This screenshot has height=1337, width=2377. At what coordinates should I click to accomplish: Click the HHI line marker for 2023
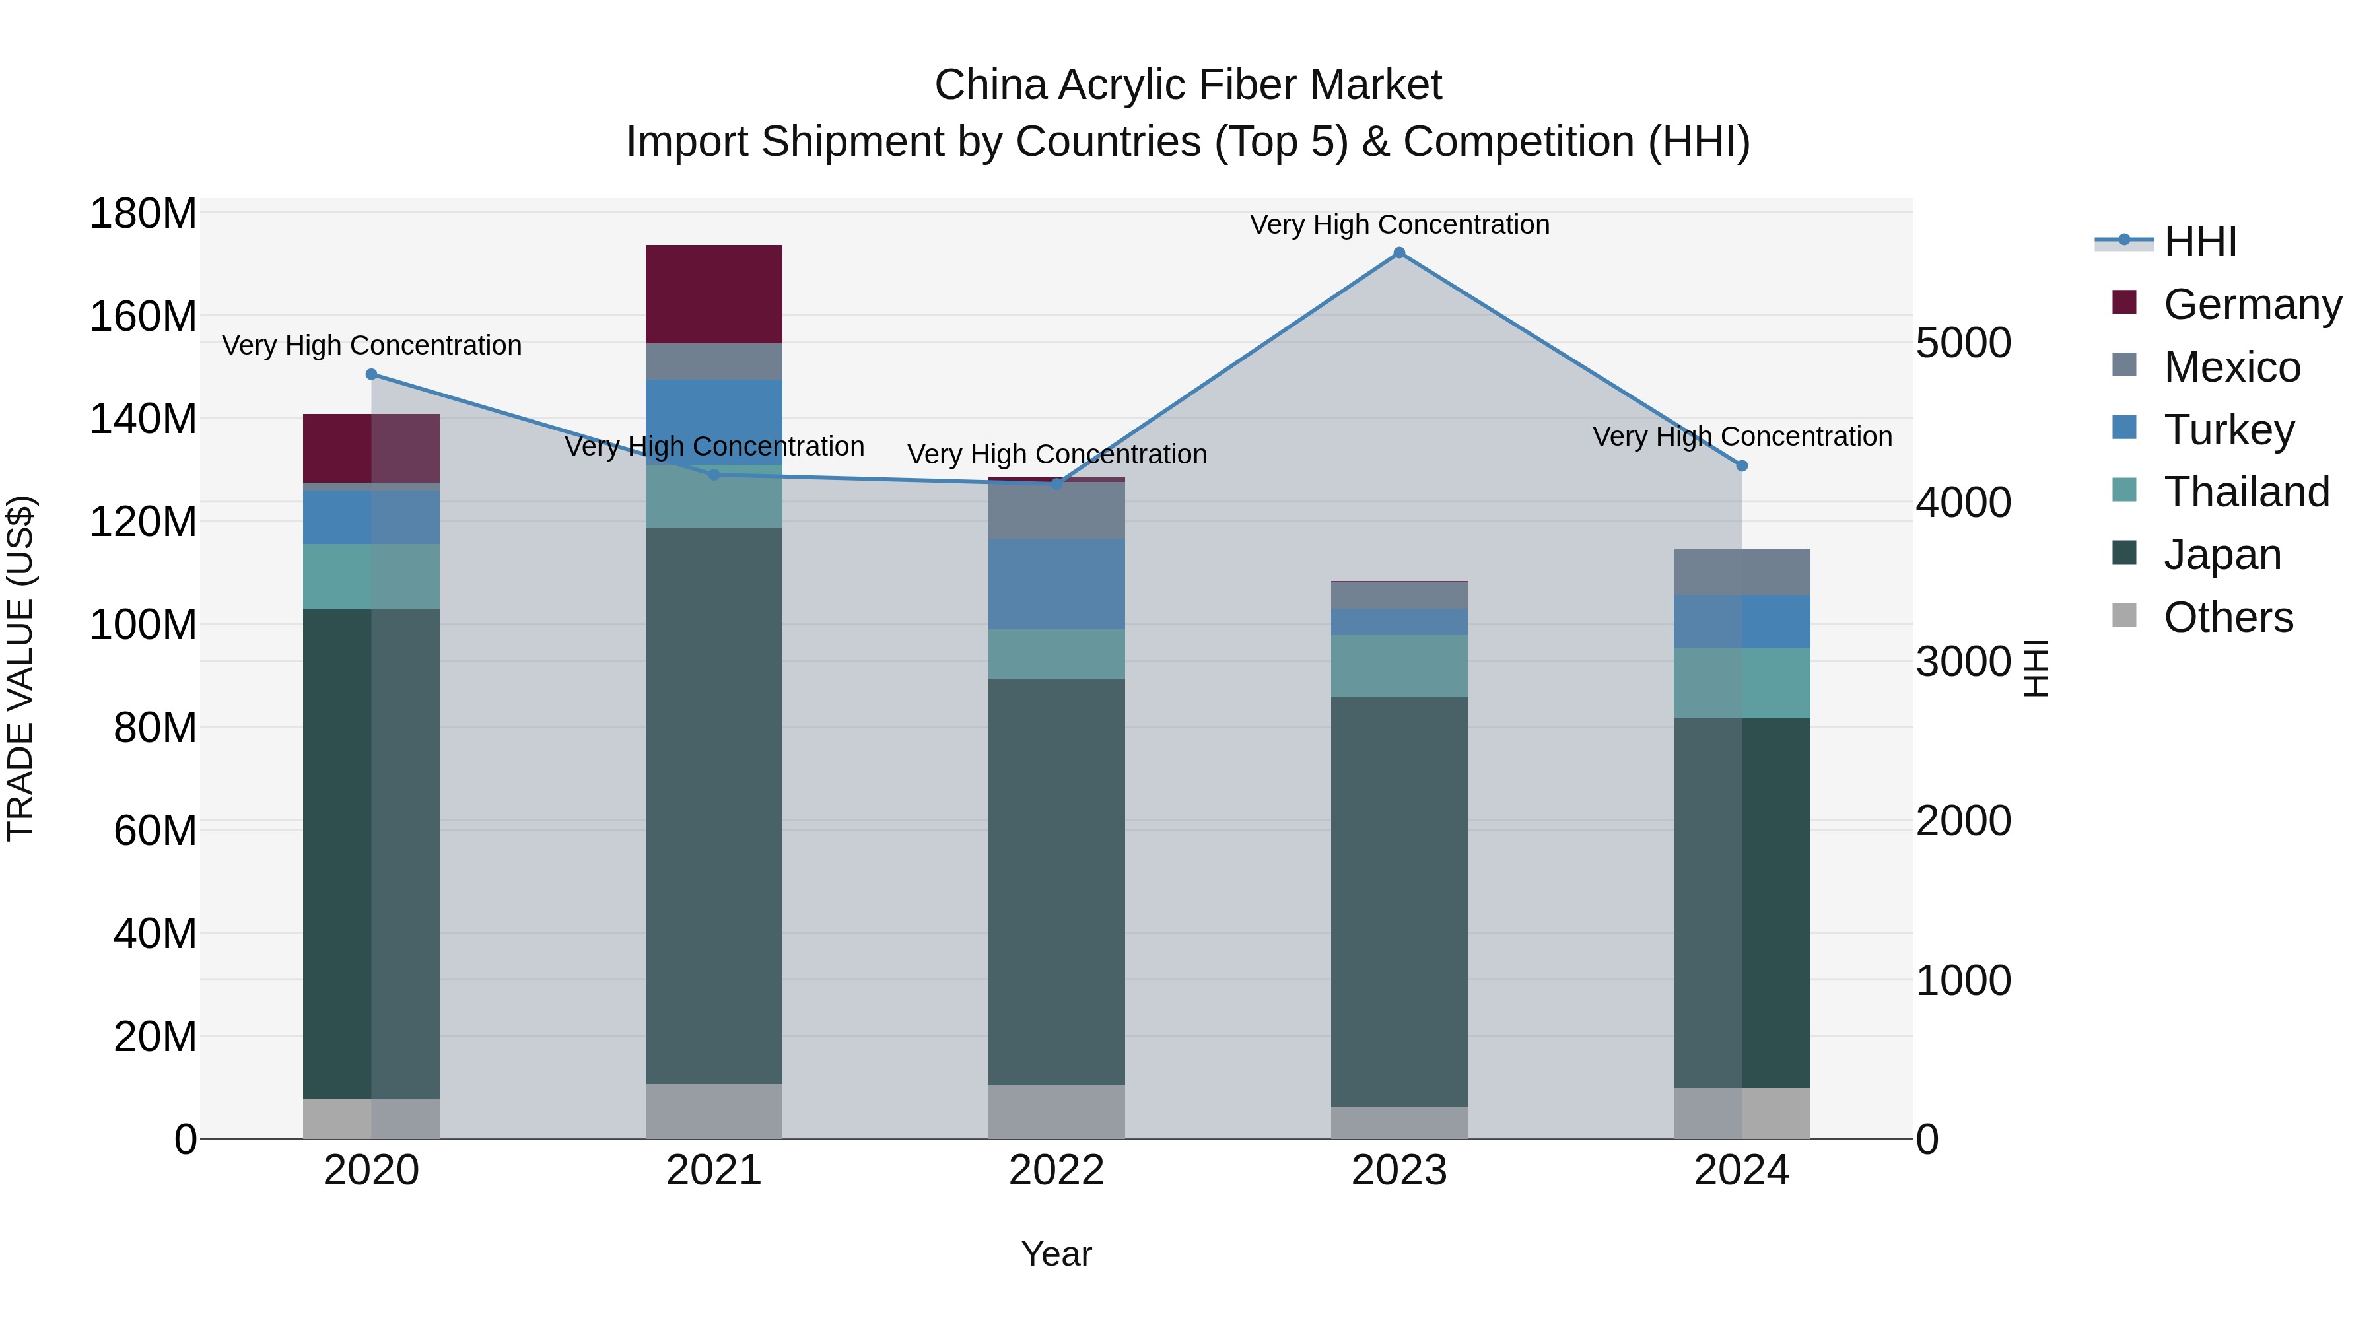click(x=1399, y=253)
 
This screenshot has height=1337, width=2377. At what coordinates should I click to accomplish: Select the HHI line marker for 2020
click(x=372, y=374)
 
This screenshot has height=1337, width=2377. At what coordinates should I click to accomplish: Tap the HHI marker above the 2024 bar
click(x=1741, y=466)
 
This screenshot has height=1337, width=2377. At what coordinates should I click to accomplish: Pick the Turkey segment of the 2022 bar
click(x=1056, y=584)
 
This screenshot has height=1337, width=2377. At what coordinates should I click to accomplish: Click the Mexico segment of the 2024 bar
click(x=1741, y=572)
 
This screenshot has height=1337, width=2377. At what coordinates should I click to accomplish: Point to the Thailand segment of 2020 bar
click(x=372, y=576)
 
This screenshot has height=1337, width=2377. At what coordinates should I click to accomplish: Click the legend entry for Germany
click(x=2252, y=304)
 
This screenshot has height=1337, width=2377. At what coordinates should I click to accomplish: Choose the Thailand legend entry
click(x=2246, y=492)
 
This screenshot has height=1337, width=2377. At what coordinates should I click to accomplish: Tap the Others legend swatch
click(x=2124, y=615)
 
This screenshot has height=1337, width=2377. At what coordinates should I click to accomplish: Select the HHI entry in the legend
click(x=2200, y=242)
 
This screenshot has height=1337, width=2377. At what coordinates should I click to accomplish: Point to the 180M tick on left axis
click(x=143, y=214)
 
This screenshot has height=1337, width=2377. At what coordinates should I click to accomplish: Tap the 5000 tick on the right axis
click(x=1963, y=343)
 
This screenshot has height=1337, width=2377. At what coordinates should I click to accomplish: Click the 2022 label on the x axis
click(x=1056, y=1171)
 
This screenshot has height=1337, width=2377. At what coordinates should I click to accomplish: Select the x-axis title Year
click(x=1056, y=1254)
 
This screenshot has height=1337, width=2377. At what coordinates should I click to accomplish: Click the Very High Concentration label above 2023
click(x=1399, y=224)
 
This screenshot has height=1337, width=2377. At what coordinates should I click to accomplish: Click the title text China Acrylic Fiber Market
click(x=1188, y=85)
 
